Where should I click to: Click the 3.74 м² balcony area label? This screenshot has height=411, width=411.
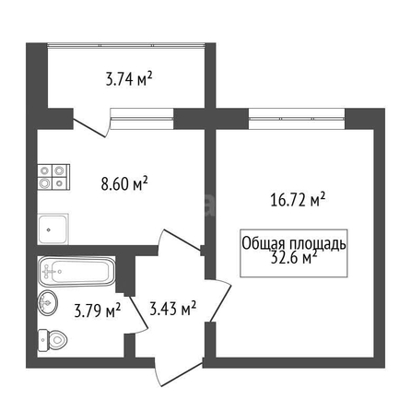point(129,79)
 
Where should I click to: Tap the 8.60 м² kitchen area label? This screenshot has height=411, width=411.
point(124,183)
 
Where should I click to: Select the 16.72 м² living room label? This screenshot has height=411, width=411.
point(298,199)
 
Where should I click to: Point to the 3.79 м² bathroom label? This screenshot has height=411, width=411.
point(98,311)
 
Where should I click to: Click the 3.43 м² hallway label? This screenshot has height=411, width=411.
point(173,309)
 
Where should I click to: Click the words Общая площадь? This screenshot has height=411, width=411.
point(294,243)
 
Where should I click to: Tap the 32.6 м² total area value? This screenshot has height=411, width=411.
point(294,257)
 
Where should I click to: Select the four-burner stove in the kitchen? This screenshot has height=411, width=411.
point(53,177)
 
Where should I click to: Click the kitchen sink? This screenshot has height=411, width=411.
point(53,229)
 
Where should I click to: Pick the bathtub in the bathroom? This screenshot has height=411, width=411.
point(76,271)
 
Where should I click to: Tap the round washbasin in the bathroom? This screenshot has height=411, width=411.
point(48,302)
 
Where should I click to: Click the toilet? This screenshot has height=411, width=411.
point(53,340)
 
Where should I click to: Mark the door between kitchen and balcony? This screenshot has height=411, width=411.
point(91,123)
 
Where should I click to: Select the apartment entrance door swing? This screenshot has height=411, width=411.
point(179,372)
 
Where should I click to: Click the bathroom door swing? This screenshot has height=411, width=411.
point(137,314)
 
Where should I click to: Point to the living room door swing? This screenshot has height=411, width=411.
point(219,300)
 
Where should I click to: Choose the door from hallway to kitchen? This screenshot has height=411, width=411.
point(180,242)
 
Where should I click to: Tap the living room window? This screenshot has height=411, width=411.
point(297,119)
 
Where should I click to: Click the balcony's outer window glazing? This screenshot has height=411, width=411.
point(126,45)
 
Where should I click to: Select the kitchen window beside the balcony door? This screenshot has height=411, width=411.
point(142,118)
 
